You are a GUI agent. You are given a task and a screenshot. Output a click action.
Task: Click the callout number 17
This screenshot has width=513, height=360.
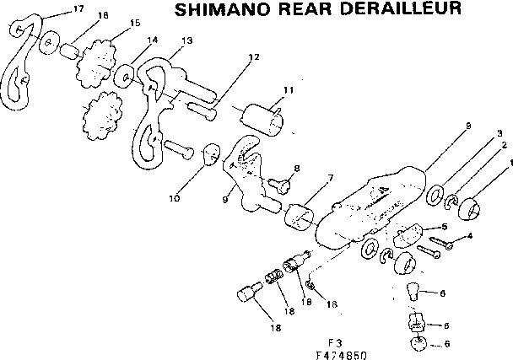55,9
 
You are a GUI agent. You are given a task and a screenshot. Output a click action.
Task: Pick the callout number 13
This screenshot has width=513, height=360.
186,40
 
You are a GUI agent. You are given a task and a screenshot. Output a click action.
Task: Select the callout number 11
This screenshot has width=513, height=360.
288,89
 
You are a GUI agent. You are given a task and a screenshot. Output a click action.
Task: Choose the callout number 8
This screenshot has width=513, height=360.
297,169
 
